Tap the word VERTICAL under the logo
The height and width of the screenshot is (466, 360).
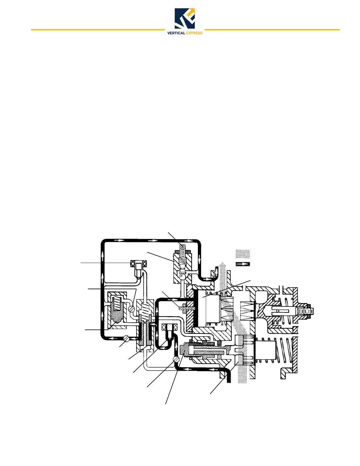tap(176, 33)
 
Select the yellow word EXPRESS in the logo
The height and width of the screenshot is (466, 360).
tap(194, 33)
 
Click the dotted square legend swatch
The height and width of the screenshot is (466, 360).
tap(243, 254)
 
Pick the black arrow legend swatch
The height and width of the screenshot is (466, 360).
tap(243, 264)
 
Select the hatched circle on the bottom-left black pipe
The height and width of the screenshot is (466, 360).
tap(126, 339)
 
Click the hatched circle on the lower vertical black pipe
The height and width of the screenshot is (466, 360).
tap(176, 359)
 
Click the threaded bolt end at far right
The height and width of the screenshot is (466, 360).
tap(306, 311)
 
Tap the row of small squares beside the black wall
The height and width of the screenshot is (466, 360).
tap(187, 308)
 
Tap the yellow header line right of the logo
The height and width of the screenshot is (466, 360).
tap(272, 30)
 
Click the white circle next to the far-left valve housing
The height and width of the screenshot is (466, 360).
tap(131, 309)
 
